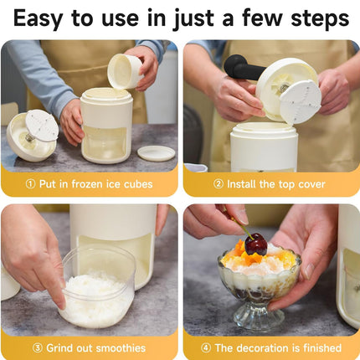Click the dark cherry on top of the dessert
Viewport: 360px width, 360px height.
(255, 244)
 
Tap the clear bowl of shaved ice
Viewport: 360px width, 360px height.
(96, 289)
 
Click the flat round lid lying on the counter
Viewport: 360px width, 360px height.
(156, 153)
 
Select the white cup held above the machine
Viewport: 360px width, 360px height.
(126, 71)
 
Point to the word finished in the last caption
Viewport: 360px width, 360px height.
(317, 347)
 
